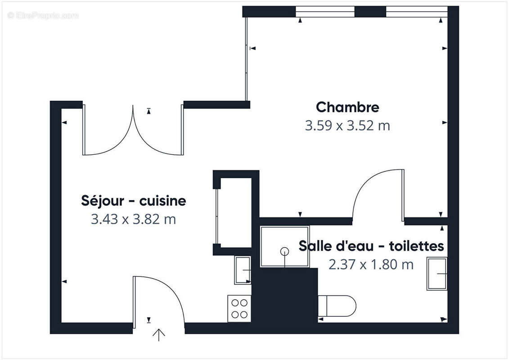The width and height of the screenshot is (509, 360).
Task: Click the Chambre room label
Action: pyautogui.click(x=347, y=107)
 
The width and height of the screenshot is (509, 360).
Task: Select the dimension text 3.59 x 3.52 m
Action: pyautogui.click(x=347, y=126)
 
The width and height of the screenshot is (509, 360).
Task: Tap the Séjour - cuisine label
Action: pyautogui.click(x=134, y=200)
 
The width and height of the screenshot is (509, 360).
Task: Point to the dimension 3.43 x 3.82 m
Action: pyautogui.click(x=134, y=219)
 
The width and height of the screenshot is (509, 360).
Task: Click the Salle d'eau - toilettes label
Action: pyautogui.click(x=371, y=246)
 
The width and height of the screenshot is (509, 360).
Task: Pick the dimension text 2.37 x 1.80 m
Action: pyautogui.click(x=371, y=265)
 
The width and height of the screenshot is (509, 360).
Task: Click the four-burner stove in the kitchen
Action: pyautogui.click(x=239, y=308)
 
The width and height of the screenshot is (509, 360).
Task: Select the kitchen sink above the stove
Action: pyautogui.click(x=243, y=270)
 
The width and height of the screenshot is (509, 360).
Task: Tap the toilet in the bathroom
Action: pyautogui.click(x=338, y=306)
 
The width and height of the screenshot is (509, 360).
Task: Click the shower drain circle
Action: pyautogui.click(x=284, y=251)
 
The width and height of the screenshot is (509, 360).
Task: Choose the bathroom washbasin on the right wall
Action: pyautogui.click(x=437, y=274)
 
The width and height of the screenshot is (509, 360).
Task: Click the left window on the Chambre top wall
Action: pyautogui.click(x=325, y=12)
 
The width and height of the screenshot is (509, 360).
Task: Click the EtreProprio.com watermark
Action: pyautogui.click(x=43, y=16)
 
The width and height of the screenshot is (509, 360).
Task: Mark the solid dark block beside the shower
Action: pyautogui.click(x=284, y=295)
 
